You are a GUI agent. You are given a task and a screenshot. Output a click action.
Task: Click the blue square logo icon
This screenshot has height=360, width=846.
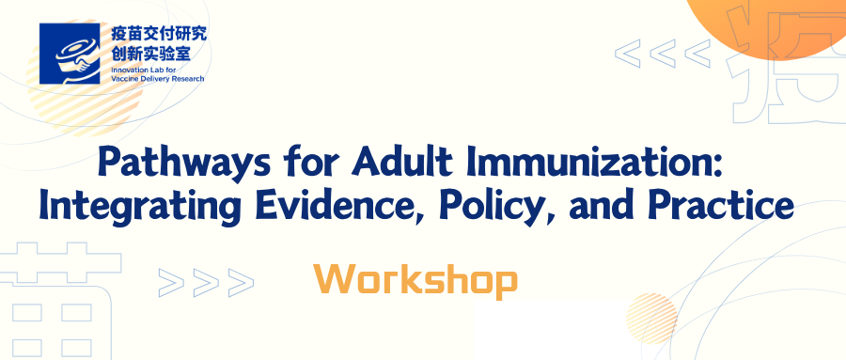click(x=70, y=54)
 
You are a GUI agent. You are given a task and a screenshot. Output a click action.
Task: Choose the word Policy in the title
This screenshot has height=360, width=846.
click(x=497, y=208)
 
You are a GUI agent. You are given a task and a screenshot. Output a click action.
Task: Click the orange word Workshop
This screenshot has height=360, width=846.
click(x=415, y=280)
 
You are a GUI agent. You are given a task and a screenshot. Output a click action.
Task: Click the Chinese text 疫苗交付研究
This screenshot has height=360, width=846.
click(x=158, y=35)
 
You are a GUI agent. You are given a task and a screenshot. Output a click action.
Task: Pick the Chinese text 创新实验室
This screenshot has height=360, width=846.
click(x=150, y=53)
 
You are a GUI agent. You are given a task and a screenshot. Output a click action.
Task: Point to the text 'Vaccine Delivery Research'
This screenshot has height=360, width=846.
click(x=157, y=79)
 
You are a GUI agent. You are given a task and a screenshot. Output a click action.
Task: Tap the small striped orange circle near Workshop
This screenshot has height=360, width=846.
click(x=651, y=319)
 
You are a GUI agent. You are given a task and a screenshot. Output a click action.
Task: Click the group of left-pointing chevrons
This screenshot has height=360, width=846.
click(x=663, y=53)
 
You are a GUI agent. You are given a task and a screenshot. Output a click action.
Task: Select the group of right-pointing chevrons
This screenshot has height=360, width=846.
click(x=206, y=283)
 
